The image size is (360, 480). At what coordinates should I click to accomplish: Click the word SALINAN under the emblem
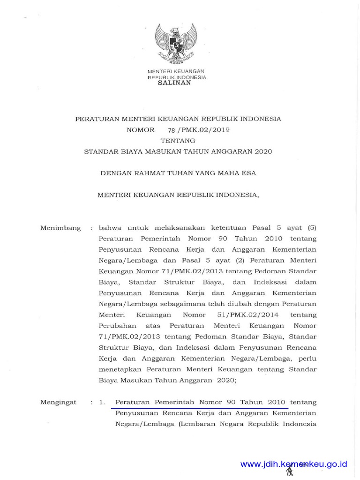174,82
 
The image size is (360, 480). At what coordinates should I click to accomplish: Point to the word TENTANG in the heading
178,141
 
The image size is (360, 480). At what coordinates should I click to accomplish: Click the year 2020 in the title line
263,151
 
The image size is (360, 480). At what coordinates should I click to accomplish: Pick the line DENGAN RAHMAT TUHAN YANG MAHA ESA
178,173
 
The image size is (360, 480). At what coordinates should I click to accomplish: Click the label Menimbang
60,228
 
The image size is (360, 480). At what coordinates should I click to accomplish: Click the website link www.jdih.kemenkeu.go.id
293,464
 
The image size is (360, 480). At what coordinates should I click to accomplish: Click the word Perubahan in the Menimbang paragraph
118,325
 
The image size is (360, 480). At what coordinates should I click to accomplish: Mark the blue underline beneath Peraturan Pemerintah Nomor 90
199,408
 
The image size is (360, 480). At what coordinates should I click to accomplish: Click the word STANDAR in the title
102,151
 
